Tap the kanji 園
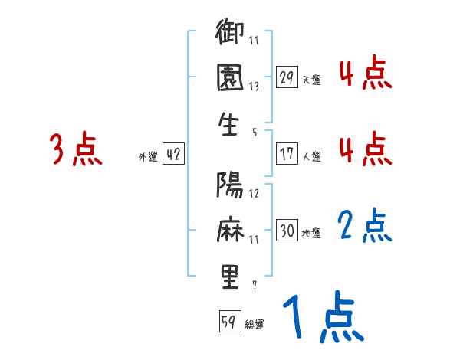[x=230, y=81]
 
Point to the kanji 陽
[x=230, y=187]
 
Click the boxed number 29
[x=287, y=77]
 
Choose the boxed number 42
[x=173, y=154]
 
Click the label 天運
[x=311, y=80]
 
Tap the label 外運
[x=148, y=156]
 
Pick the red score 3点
[x=75, y=149]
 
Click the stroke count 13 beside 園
[x=254, y=87]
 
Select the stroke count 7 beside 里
[x=254, y=284]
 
